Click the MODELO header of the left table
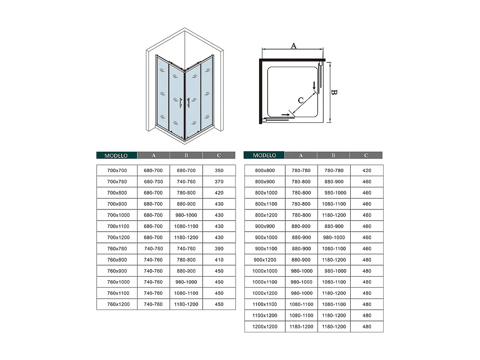coord(116,155)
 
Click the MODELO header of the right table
coord(264,155)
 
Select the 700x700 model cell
coord(117,170)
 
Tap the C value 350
coord(219,170)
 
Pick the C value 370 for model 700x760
coord(219,182)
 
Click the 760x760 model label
coord(117,249)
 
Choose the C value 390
coord(219,249)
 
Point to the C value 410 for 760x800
coord(219,260)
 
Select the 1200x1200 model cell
coord(265,327)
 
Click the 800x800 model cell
coord(265,170)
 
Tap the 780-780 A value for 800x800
coord(301,170)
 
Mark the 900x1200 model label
coord(265,260)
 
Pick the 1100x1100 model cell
coord(265,304)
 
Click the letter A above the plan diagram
coord(293,46)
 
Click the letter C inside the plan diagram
coord(301,100)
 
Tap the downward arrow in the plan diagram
coord(314,86)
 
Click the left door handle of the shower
coord(180,103)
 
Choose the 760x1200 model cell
coord(117,304)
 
